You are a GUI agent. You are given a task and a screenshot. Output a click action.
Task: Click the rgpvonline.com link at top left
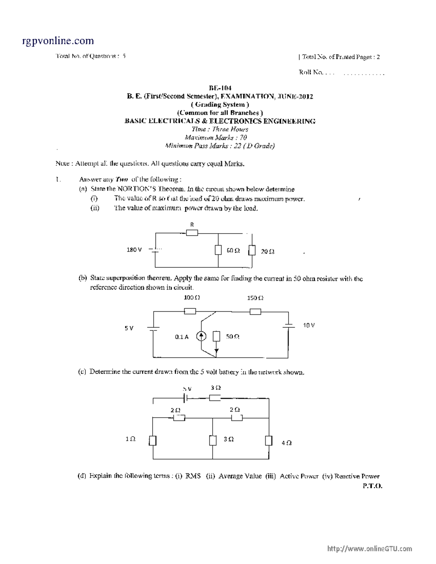tap(58, 41)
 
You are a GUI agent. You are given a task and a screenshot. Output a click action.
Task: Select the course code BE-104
tap(220, 88)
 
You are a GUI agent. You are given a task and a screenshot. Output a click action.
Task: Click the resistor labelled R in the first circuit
tap(192, 233)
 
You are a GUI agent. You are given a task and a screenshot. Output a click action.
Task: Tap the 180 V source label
tap(134, 250)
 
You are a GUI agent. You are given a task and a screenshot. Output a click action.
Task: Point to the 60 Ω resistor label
tap(233, 251)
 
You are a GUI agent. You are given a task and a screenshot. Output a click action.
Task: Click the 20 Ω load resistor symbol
tap(252, 251)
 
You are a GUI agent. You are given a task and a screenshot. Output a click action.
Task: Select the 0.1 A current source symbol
tap(201, 336)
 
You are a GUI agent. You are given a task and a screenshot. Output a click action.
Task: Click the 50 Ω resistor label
tap(233, 337)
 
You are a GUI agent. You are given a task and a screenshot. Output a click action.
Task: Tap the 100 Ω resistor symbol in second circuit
tap(190, 311)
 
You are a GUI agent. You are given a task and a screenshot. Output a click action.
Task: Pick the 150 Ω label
tap(255, 298)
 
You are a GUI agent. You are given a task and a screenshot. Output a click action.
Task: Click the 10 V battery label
tap(309, 325)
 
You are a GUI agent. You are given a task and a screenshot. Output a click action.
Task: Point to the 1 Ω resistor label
tap(130, 439)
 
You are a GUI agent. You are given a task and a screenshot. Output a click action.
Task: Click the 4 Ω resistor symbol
tap(269, 441)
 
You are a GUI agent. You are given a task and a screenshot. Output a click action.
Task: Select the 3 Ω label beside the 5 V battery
tap(215, 388)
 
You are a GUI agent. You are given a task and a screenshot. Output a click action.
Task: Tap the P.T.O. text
tap(372, 486)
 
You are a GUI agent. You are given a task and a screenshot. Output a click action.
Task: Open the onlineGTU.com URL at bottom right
tap(370, 549)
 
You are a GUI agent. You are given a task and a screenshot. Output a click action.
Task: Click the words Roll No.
tap(311, 72)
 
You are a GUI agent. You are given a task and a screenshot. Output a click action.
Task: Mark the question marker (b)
tap(83, 278)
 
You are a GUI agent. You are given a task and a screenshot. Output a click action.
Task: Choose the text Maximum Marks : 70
tap(216, 137)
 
